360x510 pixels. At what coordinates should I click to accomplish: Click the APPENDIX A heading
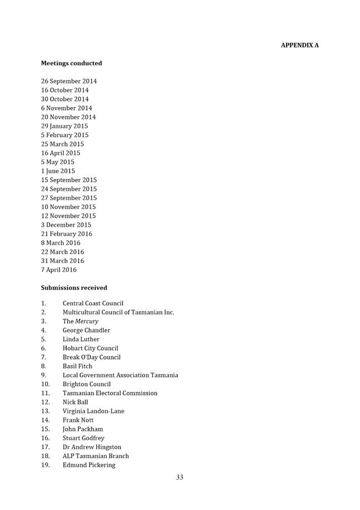coord(299,45)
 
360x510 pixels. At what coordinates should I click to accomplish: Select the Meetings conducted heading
coord(71,64)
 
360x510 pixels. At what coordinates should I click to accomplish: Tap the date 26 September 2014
coord(69,81)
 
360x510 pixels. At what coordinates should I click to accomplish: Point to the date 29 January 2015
coord(64,126)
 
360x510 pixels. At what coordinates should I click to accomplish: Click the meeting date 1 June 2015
coord(57,171)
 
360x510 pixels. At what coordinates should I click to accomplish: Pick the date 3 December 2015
coord(66,225)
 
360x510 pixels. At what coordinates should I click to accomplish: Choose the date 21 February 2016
coord(66,234)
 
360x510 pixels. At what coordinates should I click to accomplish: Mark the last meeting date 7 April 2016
coord(59,270)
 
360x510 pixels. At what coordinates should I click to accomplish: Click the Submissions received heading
coord(74,288)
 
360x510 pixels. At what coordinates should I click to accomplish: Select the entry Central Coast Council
coord(93,304)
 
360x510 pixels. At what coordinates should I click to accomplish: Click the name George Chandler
coord(86,331)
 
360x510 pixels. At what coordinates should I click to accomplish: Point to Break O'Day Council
coord(91,357)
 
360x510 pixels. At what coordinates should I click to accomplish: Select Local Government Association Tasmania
coord(120,375)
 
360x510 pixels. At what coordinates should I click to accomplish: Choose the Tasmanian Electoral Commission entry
coord(110,393)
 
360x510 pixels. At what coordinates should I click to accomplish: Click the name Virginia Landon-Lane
coord(93,411)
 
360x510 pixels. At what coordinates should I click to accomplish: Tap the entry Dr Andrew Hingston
coord(91,447)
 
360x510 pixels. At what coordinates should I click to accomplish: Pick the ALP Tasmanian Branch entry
coord(95,456)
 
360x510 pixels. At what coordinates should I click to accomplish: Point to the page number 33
coord(179,477)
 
